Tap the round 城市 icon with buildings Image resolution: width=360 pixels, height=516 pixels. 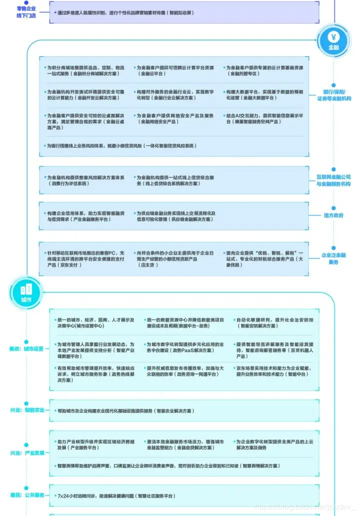pyautogui.click(x=25, y=291)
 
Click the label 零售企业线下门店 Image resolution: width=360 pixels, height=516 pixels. pyautogui.click(x=26, y=12)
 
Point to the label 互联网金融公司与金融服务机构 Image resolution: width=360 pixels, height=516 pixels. pyautogui.click(x=333, y=180)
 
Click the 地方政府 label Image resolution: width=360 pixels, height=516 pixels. pyautogui.click(x=333, y=215)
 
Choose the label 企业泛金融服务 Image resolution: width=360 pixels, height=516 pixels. pyautogui.click(x=333, y=258)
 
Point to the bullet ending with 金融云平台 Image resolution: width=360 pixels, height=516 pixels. pyautogui.click(x=175, y=70)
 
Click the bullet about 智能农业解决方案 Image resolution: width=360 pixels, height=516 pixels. pyautogui.click(x=125, y=411)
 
